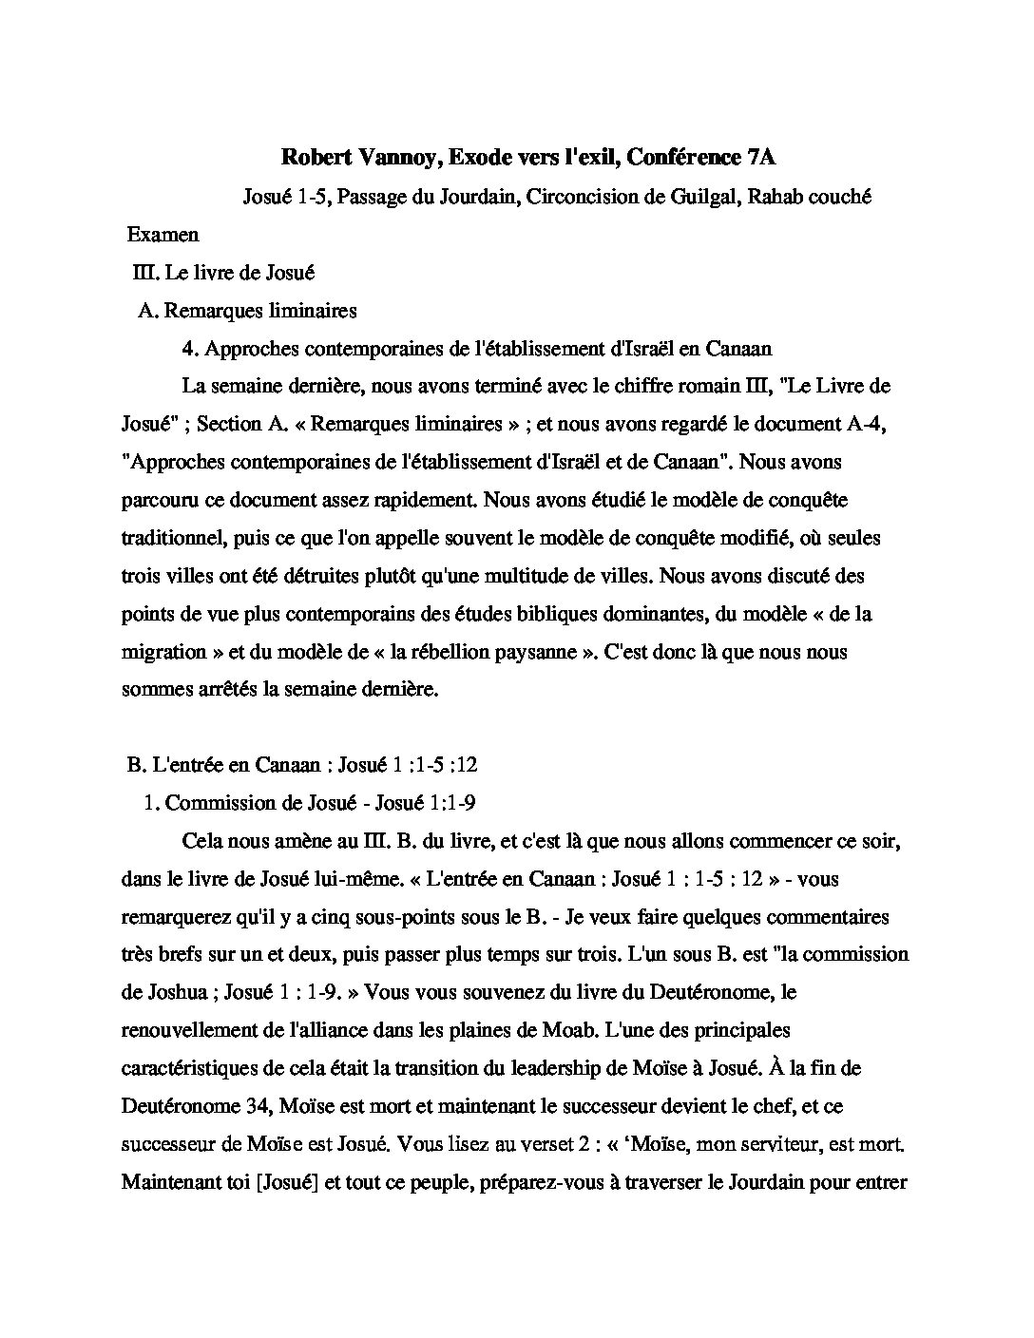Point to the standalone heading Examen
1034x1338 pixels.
point(163,235)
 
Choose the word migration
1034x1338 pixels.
point(163,652)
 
